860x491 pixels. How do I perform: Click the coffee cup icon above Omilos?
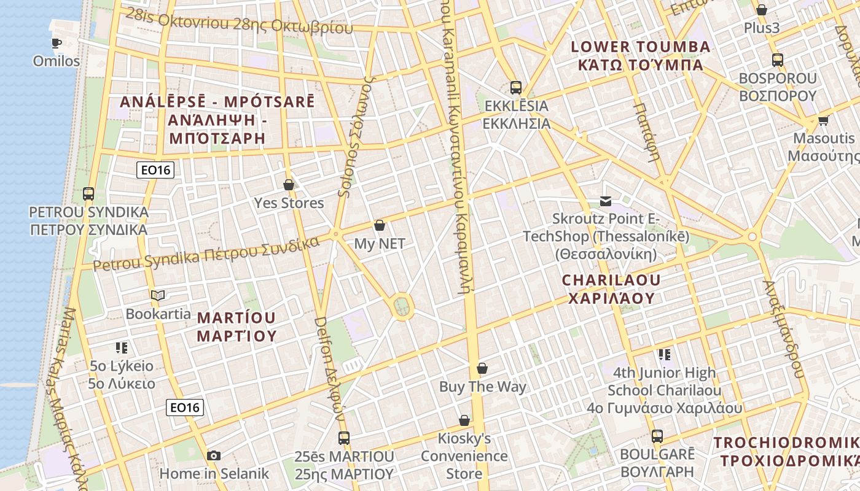(57, 43)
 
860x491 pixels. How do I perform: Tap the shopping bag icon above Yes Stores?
(289, 184)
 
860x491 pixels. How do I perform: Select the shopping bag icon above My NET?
(380, 225)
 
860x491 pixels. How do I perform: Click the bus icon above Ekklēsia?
(515, 88)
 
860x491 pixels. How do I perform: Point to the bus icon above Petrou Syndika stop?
(88, 194)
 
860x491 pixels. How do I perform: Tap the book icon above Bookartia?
(158, 295)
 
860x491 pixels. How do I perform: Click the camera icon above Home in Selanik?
(214, 455)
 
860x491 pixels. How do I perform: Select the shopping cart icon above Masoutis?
(823, 120)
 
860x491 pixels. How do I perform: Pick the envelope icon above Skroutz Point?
(606, 201)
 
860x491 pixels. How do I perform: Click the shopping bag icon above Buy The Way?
(482, 368)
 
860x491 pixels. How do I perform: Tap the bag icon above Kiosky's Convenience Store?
(464, 420)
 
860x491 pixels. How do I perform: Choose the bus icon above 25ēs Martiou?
(344, 438)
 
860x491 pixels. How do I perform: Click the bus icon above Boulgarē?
(657, 436)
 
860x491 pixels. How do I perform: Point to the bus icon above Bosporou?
(778, 60)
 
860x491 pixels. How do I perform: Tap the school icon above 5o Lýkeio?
(122, 348)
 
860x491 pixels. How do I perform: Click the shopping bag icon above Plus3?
(762, 10)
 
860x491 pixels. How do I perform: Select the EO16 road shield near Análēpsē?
(155, 170)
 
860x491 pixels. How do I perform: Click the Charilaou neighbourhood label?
(611, 289)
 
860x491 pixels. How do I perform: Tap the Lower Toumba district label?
(640, 55)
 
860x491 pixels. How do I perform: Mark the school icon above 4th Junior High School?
(664, 354)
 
